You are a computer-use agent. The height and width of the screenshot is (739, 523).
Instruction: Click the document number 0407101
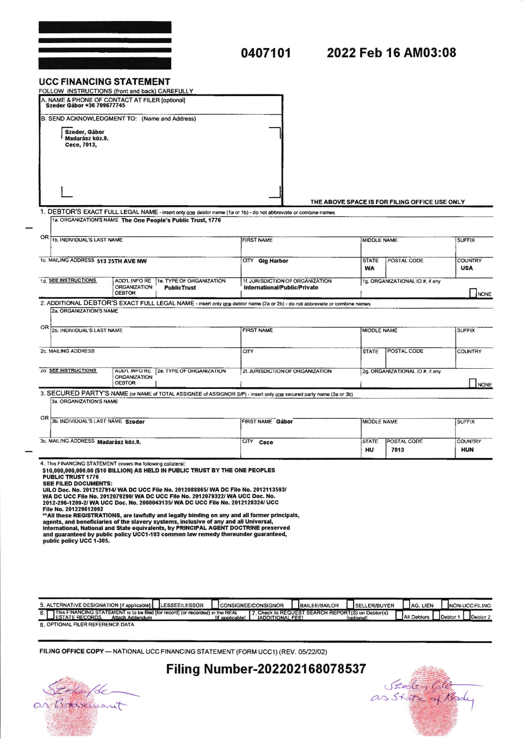point(266,53)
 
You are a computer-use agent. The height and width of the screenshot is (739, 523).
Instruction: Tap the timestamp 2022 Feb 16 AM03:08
point(391,53)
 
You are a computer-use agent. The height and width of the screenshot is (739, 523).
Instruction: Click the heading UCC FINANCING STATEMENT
point(104,82)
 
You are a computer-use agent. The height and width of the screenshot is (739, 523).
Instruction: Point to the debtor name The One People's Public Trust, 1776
point(171,220)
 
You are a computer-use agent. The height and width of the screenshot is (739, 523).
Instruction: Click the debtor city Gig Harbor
point(273,261)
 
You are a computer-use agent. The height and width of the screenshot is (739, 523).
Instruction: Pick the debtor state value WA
point(369,268)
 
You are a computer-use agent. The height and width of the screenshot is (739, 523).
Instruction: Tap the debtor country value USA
point(466,268)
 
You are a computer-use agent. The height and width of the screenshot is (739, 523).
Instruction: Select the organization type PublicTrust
point(180,288)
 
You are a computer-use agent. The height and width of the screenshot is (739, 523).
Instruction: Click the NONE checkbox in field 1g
point(473,293)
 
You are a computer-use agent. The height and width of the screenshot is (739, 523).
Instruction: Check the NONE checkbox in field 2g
point(473,383)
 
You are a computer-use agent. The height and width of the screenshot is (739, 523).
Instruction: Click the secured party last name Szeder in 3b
point(135,422)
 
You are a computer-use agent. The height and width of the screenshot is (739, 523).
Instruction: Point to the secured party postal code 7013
point(397,450)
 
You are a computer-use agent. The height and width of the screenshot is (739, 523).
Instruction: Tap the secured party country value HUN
point(467,450)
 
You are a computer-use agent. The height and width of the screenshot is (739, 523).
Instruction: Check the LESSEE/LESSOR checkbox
point(156,605)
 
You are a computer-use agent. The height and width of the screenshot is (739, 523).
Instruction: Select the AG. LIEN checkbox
point(407,605)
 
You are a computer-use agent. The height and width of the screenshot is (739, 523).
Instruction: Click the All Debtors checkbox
point(399,616)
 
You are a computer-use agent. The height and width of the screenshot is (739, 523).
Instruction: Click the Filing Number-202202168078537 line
point(266,669)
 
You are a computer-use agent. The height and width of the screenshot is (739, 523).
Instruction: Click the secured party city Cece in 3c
point(266,442)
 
